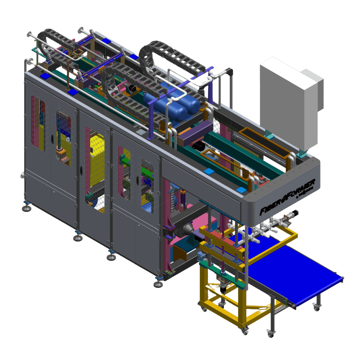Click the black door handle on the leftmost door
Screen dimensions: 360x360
tap(52, 139)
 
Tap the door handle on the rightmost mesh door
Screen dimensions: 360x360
tap(137, 179)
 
